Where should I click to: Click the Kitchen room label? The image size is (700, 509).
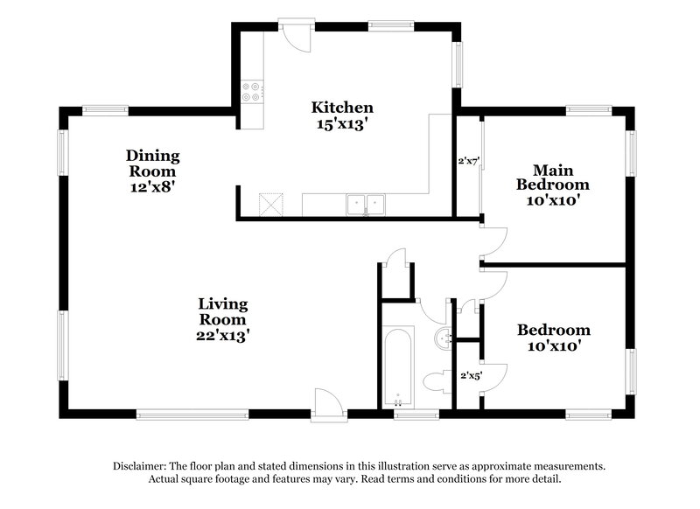tap(342, 108)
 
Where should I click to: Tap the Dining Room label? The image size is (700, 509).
tap(152, 164)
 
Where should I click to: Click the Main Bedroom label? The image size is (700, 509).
tap(552, 177)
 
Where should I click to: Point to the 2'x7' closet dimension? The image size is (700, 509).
tap(469, 161)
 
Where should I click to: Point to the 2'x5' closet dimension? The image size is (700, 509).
tap(471, 376)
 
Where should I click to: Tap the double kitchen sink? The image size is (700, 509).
tap(367, 205)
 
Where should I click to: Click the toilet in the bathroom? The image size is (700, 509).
tap(435, 381)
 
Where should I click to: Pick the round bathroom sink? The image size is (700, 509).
tap(443, 337)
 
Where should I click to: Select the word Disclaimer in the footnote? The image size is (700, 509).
tap(142, 466)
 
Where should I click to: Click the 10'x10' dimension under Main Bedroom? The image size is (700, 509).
tap(552, 200)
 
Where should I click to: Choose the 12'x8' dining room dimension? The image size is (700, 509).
tap(152, 186)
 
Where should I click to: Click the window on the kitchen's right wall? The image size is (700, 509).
tap(457, 66)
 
